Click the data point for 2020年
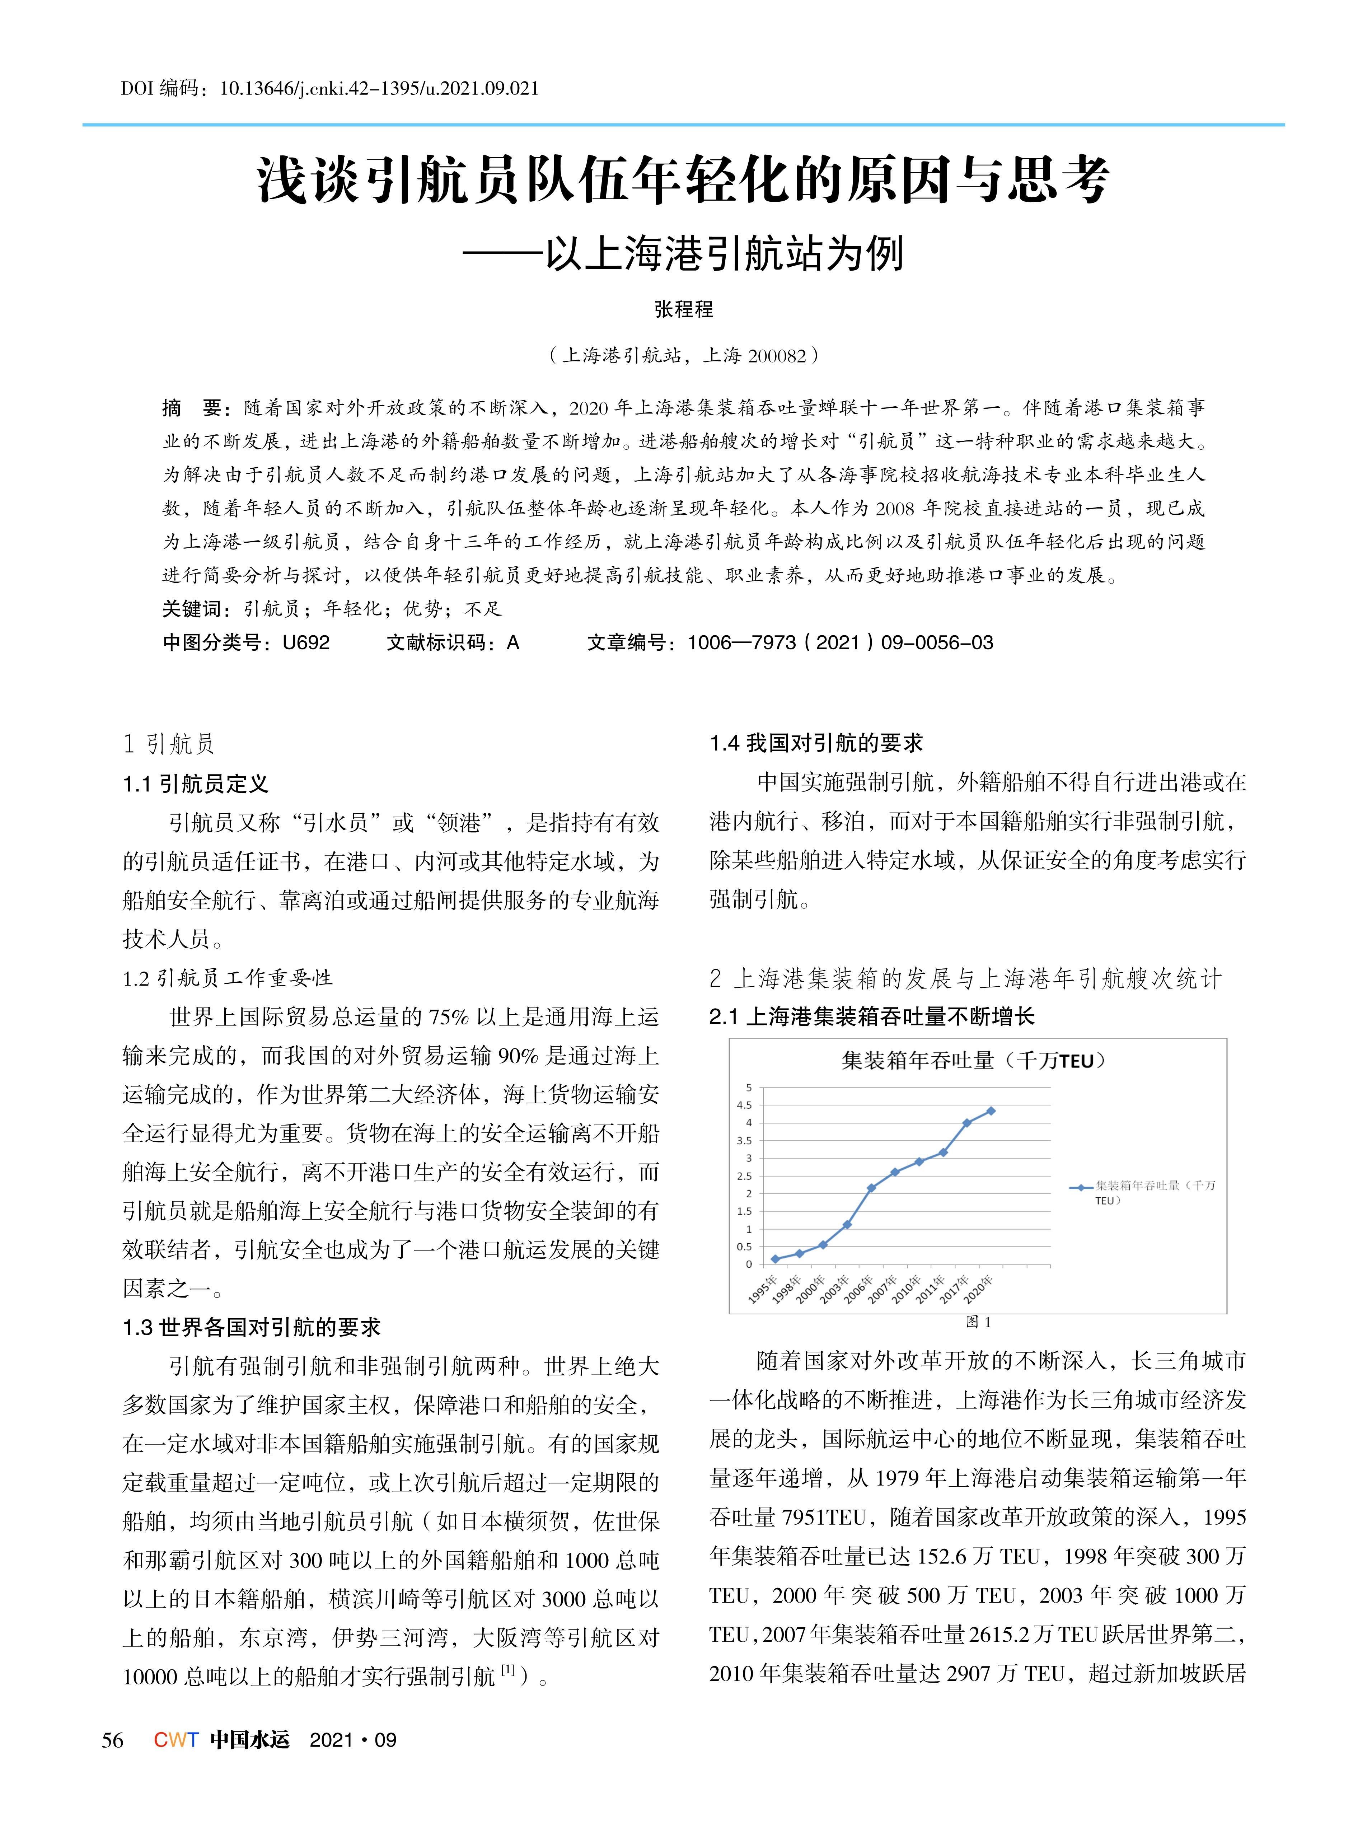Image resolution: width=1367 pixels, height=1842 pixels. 991,1111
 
